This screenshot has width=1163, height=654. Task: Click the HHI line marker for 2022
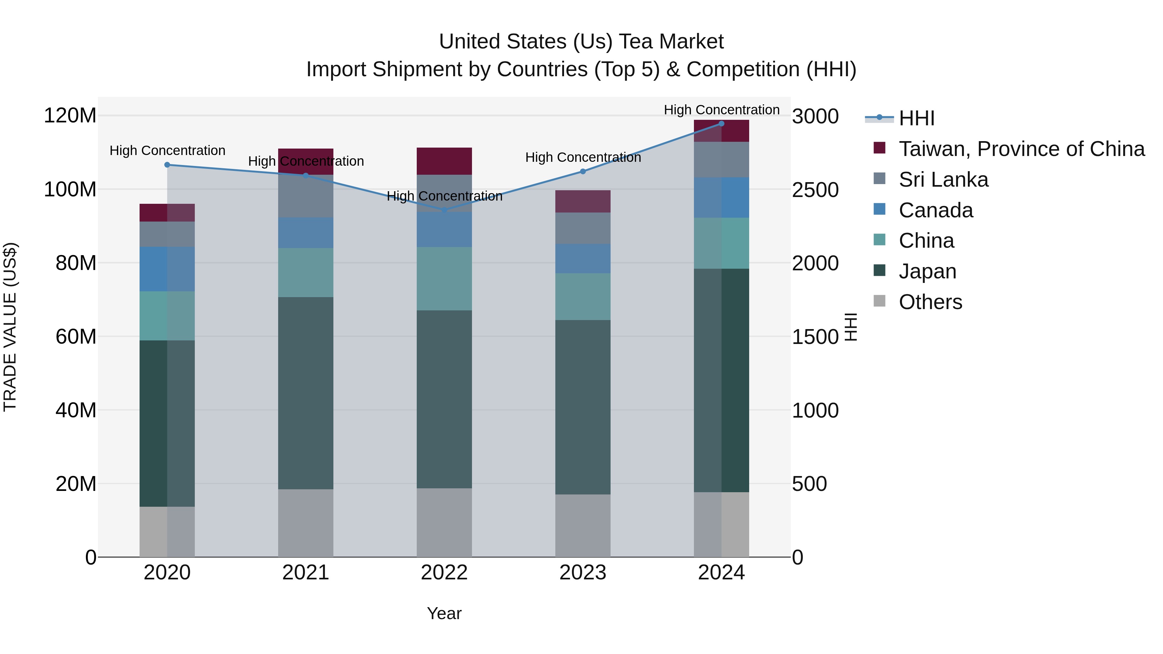coord(444,210)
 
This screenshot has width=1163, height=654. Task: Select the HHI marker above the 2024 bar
coord(721,124)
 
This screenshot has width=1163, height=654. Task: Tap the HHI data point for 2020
coord(167,165)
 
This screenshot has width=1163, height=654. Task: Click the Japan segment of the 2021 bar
coord(306,393)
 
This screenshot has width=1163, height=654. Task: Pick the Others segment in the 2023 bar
coord(582,525)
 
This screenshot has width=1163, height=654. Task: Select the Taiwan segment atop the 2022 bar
coord(444,161)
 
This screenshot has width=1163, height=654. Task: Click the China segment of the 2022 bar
coord(444,278)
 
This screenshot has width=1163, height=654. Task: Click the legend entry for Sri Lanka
coord(943,180)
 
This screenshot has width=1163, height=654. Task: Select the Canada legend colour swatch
coord(879,209)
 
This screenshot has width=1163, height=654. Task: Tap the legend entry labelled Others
coord(930,302)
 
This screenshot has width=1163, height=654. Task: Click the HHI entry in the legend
coord(916,118)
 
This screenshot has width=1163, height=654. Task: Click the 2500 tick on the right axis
coord(815,190)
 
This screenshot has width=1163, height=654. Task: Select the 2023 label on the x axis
coord(582,573)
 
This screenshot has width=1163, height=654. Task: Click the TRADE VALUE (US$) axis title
coord(10,327)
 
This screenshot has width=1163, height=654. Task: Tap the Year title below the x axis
coord(444,613)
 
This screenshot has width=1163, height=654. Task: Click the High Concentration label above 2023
coord(582,158)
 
